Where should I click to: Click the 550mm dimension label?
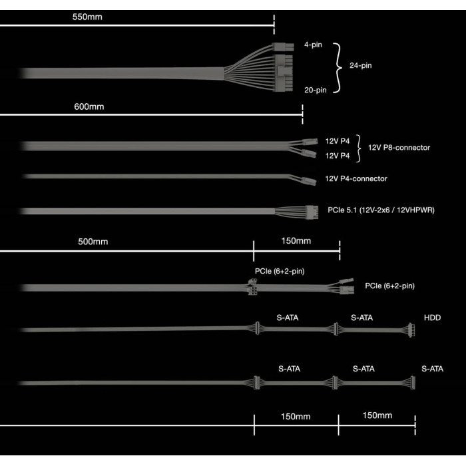[x=87, y=17]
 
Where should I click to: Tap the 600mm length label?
[x=89, y=107]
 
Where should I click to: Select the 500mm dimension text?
[x=93, y=242]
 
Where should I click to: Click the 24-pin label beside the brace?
[x=361, y=66]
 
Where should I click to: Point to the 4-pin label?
[x=314, y=45]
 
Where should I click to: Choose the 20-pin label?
[x=316, y=90]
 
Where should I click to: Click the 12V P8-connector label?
[x=399, y=148]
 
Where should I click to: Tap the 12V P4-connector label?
[x=356, y=178]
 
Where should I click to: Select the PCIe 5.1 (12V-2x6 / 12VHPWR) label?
[x=381, y=210]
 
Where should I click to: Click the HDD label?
[x=433, y=318]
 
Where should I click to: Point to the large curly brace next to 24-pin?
[x=338, y=68]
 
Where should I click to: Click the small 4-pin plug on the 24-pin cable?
[x=283, y=47]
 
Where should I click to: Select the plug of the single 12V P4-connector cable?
[x=309, y=181]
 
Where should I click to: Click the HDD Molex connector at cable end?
[x=411, y=330]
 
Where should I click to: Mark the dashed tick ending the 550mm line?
[x=274, y=25]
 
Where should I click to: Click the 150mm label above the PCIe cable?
[x=296, y=241]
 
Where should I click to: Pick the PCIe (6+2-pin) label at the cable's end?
[x=389, y=286]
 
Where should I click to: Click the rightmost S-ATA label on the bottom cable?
[x=433, y=369]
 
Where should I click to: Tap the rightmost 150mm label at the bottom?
[x=377, y=415]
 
